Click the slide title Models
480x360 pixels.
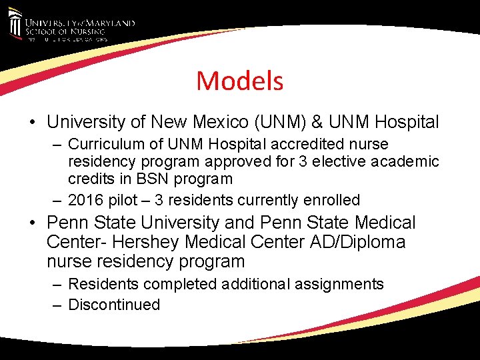tap(239, 81)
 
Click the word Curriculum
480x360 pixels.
tap(105, 144)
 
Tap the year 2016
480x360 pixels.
tap(86, 200)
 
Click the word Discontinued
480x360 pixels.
tap(114, 305)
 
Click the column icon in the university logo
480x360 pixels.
tap(15, 25)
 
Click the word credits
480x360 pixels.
tap(90, 179)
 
